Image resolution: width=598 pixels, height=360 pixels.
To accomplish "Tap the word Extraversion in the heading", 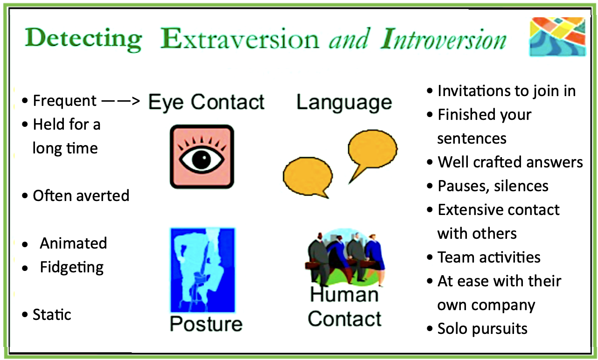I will pyautogui.click(x=240, y=39).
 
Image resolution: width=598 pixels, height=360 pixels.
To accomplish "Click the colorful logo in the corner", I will pyautogui.click(x=557, y=37).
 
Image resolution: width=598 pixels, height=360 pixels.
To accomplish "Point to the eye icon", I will pyautogui.click(x=202, y=157).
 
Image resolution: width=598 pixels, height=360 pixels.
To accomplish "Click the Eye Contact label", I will pyautogui.click(x=206, y=102).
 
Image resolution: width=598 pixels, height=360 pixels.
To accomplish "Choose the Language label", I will pyautogui.click(x=344, y=102).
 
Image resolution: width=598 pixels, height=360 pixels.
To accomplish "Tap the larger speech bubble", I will pyautogui.click(x=372, y=151).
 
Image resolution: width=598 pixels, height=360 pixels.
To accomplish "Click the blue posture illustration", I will pyautogui.click(x=202, y=269).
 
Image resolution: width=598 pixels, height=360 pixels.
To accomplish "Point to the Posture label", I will pyautogui.click(x=206, y=324).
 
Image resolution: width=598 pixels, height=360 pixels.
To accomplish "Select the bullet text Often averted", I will pyautogui.click(x=81, y=195).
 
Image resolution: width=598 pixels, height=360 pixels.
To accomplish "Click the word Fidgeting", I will pyautogui.click(x=72, y=267).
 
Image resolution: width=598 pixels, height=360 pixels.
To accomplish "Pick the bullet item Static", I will pyautogui.click(x=52, y=315).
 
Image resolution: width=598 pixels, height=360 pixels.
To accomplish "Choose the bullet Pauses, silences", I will pyautogui.click(x=493, y=186).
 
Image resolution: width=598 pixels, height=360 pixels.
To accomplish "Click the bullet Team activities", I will pyautogui.click(x=489, y=257).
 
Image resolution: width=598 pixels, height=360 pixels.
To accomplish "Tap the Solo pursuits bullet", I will pyautogui.click(x=482, y=329).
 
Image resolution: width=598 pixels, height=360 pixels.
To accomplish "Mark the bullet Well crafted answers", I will pyautogui.click(x=510, y=162).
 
